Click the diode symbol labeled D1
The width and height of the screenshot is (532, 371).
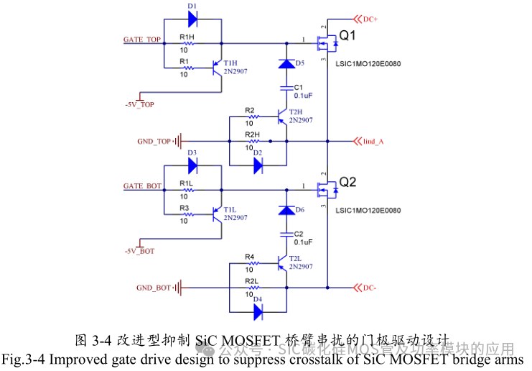point(192,20)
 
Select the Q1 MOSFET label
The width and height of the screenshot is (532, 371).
point(348,34)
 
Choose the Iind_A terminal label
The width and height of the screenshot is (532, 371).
point(373,141)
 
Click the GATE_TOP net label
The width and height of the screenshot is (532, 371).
point(142,39)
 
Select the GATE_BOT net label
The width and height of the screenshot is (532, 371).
point(142,186)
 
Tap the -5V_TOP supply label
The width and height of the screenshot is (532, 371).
point(139,104)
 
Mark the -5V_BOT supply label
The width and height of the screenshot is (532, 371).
point(139,251)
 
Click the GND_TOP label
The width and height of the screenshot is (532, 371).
point(154,141)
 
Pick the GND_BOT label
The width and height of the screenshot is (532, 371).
point(154,288)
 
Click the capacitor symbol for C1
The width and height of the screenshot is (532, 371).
point(286,89)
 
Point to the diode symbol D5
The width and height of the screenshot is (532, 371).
point(286,64)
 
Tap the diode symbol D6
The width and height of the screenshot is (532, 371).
point(286,211)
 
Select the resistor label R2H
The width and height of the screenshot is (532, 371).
point(252,134)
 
